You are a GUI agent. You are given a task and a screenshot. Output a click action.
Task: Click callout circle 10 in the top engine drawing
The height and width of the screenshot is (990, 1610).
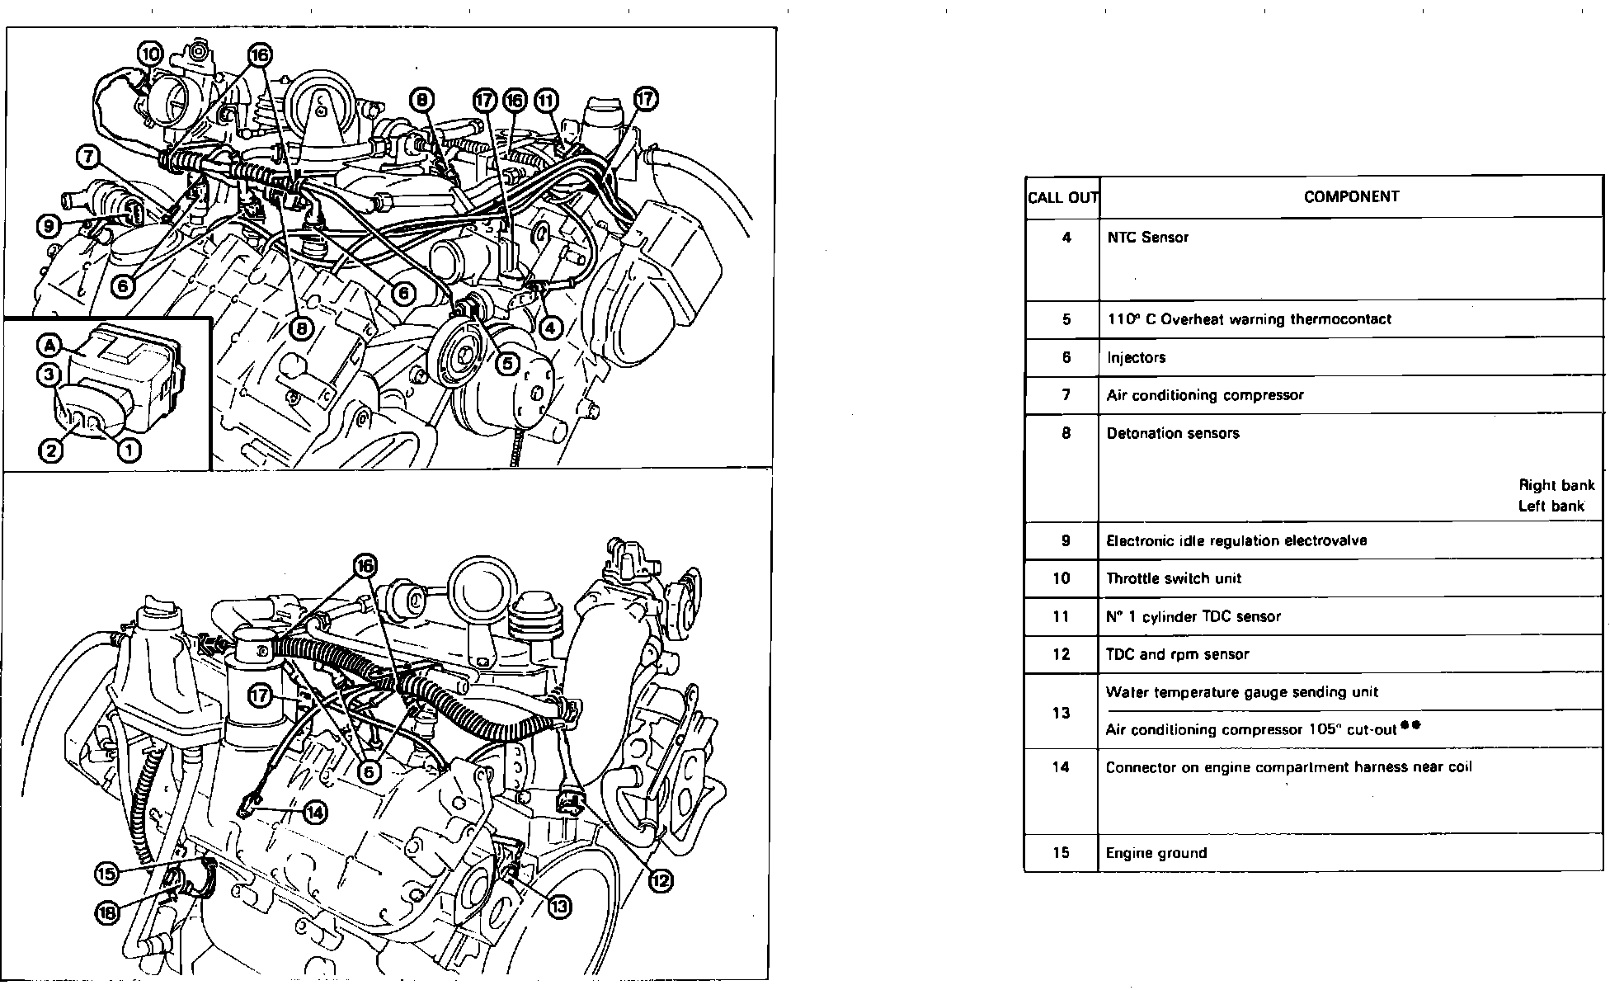coord(150,54)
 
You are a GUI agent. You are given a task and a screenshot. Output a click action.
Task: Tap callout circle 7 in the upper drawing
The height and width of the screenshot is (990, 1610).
coord(90,155)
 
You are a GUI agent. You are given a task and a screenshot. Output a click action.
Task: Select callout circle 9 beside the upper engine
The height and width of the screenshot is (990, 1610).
coord(49,224)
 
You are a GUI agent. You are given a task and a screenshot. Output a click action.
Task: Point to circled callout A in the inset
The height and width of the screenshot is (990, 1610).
coord(51,346)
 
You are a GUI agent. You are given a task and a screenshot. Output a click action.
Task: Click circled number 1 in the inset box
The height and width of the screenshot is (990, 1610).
coord(129,450)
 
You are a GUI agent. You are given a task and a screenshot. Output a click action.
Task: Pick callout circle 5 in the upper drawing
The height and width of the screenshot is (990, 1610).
coord(507,362)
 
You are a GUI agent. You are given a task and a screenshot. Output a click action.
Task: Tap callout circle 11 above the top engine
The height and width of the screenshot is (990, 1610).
coord(546,101)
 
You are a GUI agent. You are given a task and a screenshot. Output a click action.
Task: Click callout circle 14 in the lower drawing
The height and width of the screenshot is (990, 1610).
coord(315,813)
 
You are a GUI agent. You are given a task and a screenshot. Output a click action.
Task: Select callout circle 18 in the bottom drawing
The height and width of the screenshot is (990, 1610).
coord(108,912)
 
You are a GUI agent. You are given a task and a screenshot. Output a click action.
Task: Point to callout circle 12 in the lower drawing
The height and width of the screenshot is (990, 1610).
coord(660,881)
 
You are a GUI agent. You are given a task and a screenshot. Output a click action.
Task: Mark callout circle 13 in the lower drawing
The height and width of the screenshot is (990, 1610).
coord(558,907)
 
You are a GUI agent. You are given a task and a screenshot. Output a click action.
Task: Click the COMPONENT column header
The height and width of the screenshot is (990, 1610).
coord(1351,196)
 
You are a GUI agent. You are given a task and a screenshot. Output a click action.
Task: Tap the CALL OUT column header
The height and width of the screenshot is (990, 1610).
coord(1062,198)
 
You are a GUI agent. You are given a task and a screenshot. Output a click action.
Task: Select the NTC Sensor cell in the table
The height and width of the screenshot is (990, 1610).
coord(1147,238)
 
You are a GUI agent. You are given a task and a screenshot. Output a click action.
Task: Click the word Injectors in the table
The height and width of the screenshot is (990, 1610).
coord(1136,358)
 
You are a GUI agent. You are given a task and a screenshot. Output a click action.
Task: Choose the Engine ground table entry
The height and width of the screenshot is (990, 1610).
coord(1156,853)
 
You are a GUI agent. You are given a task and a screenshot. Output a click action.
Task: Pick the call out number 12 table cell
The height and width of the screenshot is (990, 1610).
coord(1062,654)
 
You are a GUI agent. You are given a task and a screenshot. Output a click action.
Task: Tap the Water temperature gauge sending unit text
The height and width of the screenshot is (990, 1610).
coord(1230,692)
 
